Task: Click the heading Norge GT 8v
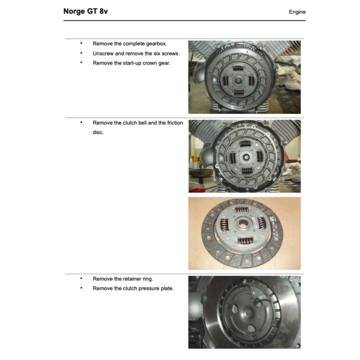tap(86, 11)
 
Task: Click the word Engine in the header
tap(297, 12)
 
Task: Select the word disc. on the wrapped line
tap(98, 132)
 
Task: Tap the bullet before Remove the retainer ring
tap(81, 278)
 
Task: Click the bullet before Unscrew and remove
tap(81, 53)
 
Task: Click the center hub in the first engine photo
tap(238, 80)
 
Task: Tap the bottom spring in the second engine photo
tap(247, 171)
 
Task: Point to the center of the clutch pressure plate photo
tap(245, 312)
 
